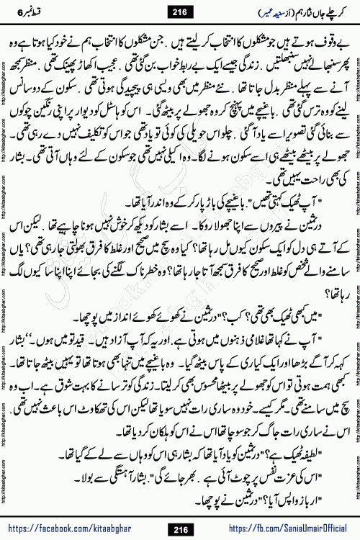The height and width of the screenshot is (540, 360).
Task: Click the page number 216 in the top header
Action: coord(179,12)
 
